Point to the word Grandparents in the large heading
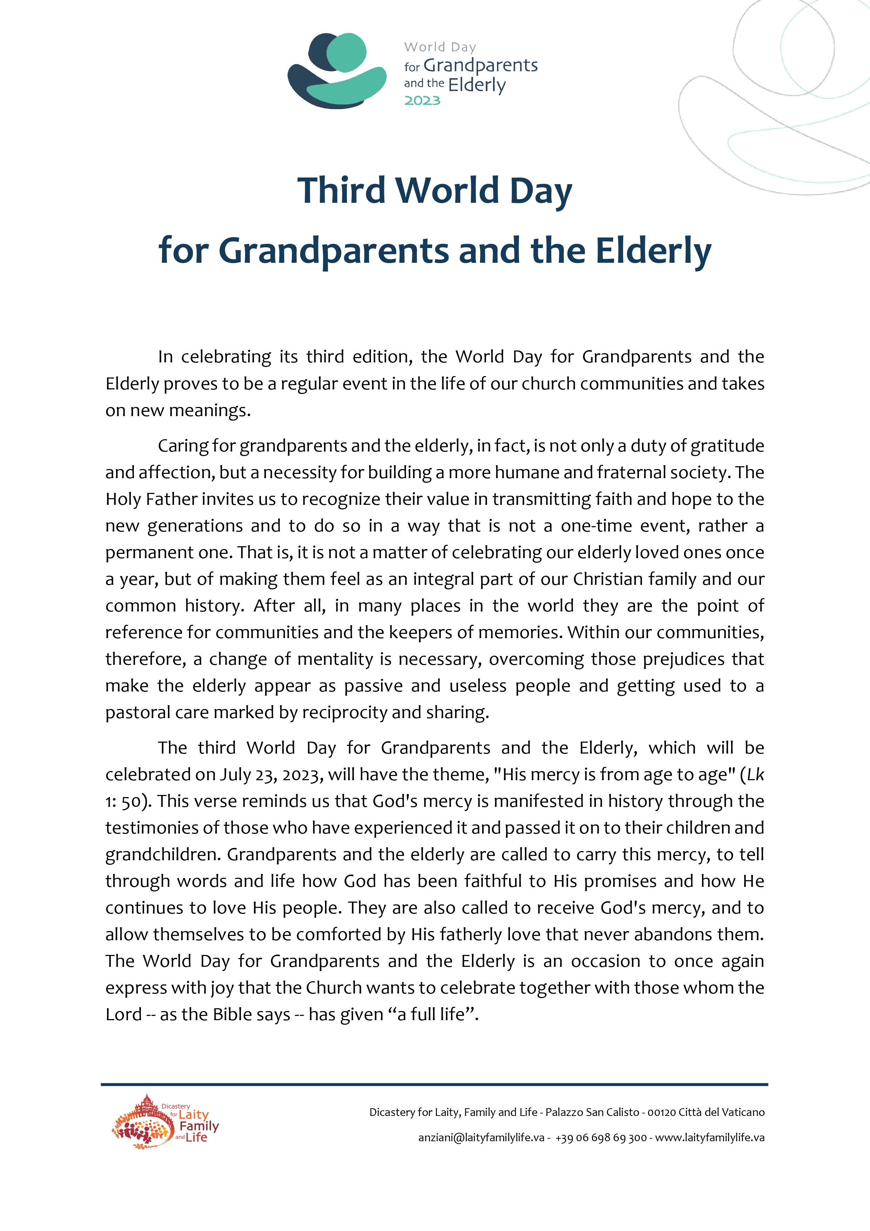point(333,251)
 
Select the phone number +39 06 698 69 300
point(601,1138)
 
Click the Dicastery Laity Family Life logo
point(165,1122)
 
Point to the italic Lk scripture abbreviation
point(755,775)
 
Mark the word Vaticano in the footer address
point(741,1112)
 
